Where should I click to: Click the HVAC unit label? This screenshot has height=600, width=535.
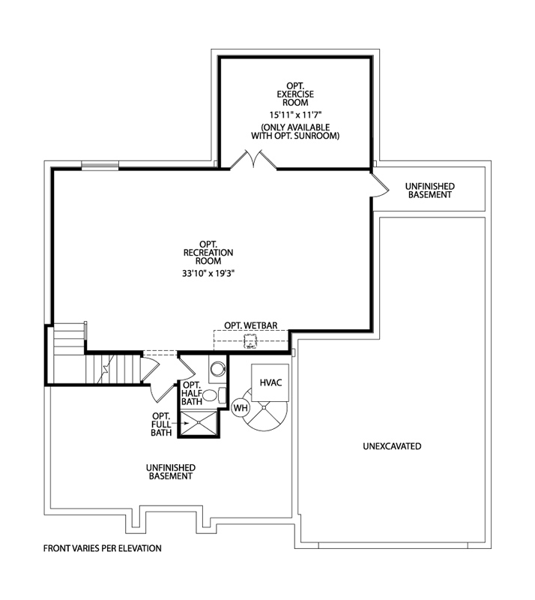(x=270, y=382)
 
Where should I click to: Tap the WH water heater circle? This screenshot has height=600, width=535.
(x=241, y=407)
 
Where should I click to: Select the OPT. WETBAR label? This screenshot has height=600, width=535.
(x=251, y=325)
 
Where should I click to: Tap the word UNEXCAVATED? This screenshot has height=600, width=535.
(x=391, y=446)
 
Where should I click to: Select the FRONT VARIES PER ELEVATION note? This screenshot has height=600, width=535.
(x=103, y=548)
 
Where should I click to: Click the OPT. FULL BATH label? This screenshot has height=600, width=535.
(x=161, y=424)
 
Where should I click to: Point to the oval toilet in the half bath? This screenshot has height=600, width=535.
(x=211, y=395)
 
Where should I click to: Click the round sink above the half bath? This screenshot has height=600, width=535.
(x=217, y=369)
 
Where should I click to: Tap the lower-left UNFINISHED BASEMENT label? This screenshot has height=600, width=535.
(x=170, y=471)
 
